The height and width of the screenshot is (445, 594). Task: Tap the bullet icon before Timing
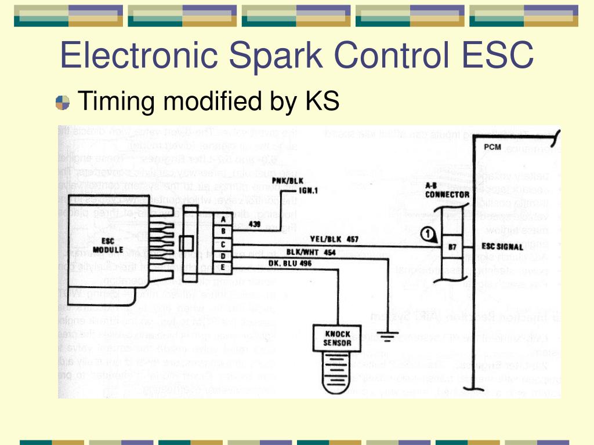(x=62, y=103)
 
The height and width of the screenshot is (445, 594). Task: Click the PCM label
(x=492, y=147)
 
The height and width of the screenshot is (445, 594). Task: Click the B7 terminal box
(x=452, y=247)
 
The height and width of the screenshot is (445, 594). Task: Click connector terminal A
(x=223, y=219)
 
